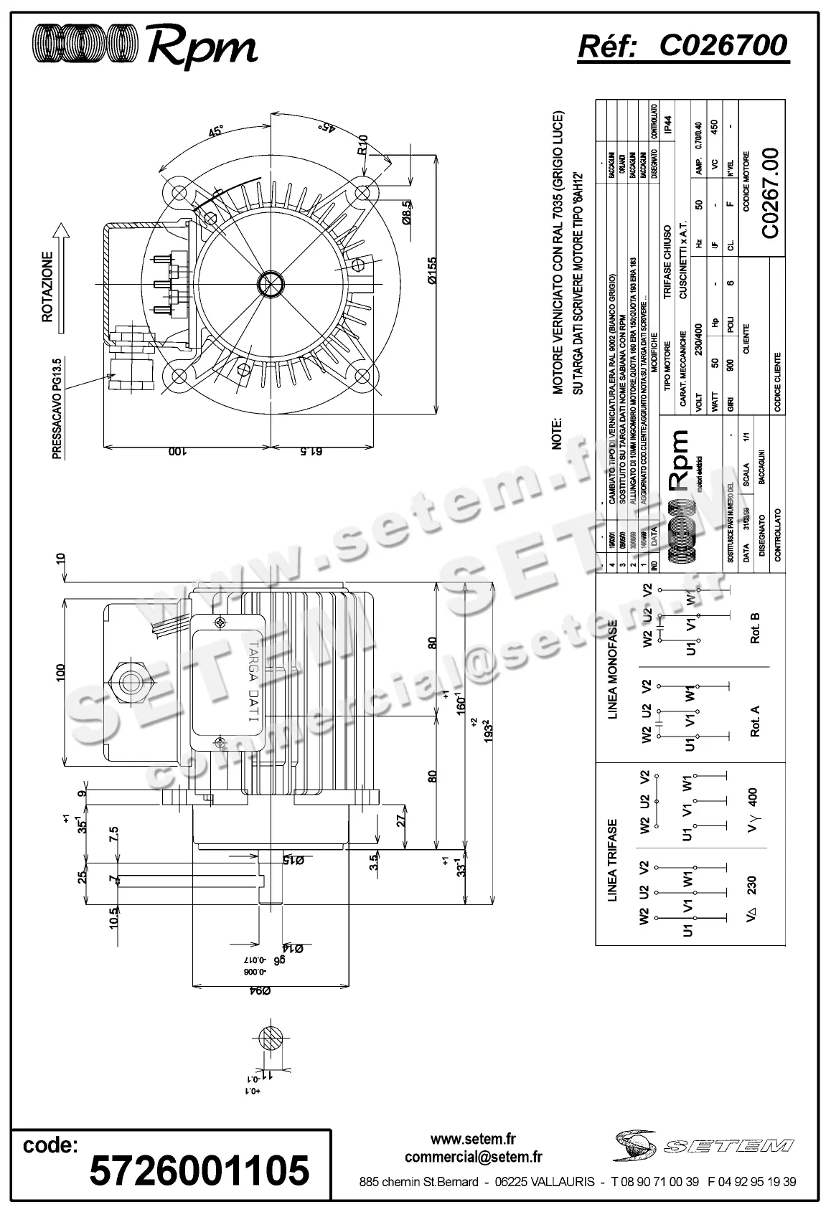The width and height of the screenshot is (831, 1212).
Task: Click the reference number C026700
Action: coord(723,47)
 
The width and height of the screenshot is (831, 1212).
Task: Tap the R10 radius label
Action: coord(363,145)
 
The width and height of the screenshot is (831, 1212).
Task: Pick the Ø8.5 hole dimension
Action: coord(405,212)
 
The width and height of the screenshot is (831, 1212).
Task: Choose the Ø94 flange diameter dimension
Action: coord(259,991)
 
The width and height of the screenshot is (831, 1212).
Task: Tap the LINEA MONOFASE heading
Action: coord(612,668)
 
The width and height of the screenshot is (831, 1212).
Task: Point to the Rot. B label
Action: coord(754,628)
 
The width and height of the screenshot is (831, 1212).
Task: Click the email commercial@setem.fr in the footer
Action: coord(473,1157)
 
